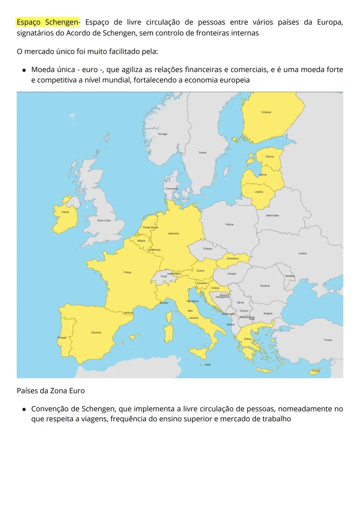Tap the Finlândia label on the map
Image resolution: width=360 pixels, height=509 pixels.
point(266,112)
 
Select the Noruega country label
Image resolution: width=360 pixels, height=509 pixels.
point(162,134)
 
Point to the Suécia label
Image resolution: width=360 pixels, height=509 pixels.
point(202,152)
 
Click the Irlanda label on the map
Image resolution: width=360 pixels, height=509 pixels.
point(65,212)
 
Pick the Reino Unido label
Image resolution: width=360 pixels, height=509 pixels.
point(104,220)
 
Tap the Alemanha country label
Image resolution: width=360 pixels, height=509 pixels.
point(173,233)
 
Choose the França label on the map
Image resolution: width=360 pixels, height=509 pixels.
point(127,272)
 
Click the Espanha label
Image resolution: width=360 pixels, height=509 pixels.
point(96,333)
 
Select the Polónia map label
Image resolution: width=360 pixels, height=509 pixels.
point(229,224)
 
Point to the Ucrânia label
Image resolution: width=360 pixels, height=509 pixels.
point(302,253)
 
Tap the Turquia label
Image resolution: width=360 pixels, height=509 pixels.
point(328,340)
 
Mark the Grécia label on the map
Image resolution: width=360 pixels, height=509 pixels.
point(247,339)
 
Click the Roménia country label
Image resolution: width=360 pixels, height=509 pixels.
point(265,286)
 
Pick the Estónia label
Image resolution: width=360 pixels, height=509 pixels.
point(270,156)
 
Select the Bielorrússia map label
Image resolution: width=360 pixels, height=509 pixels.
point(272,215)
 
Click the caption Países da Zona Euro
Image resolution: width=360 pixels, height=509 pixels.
point(51,391)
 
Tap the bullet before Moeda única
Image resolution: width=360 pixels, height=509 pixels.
point(24,70)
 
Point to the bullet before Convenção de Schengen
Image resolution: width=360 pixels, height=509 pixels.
point(24,409)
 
